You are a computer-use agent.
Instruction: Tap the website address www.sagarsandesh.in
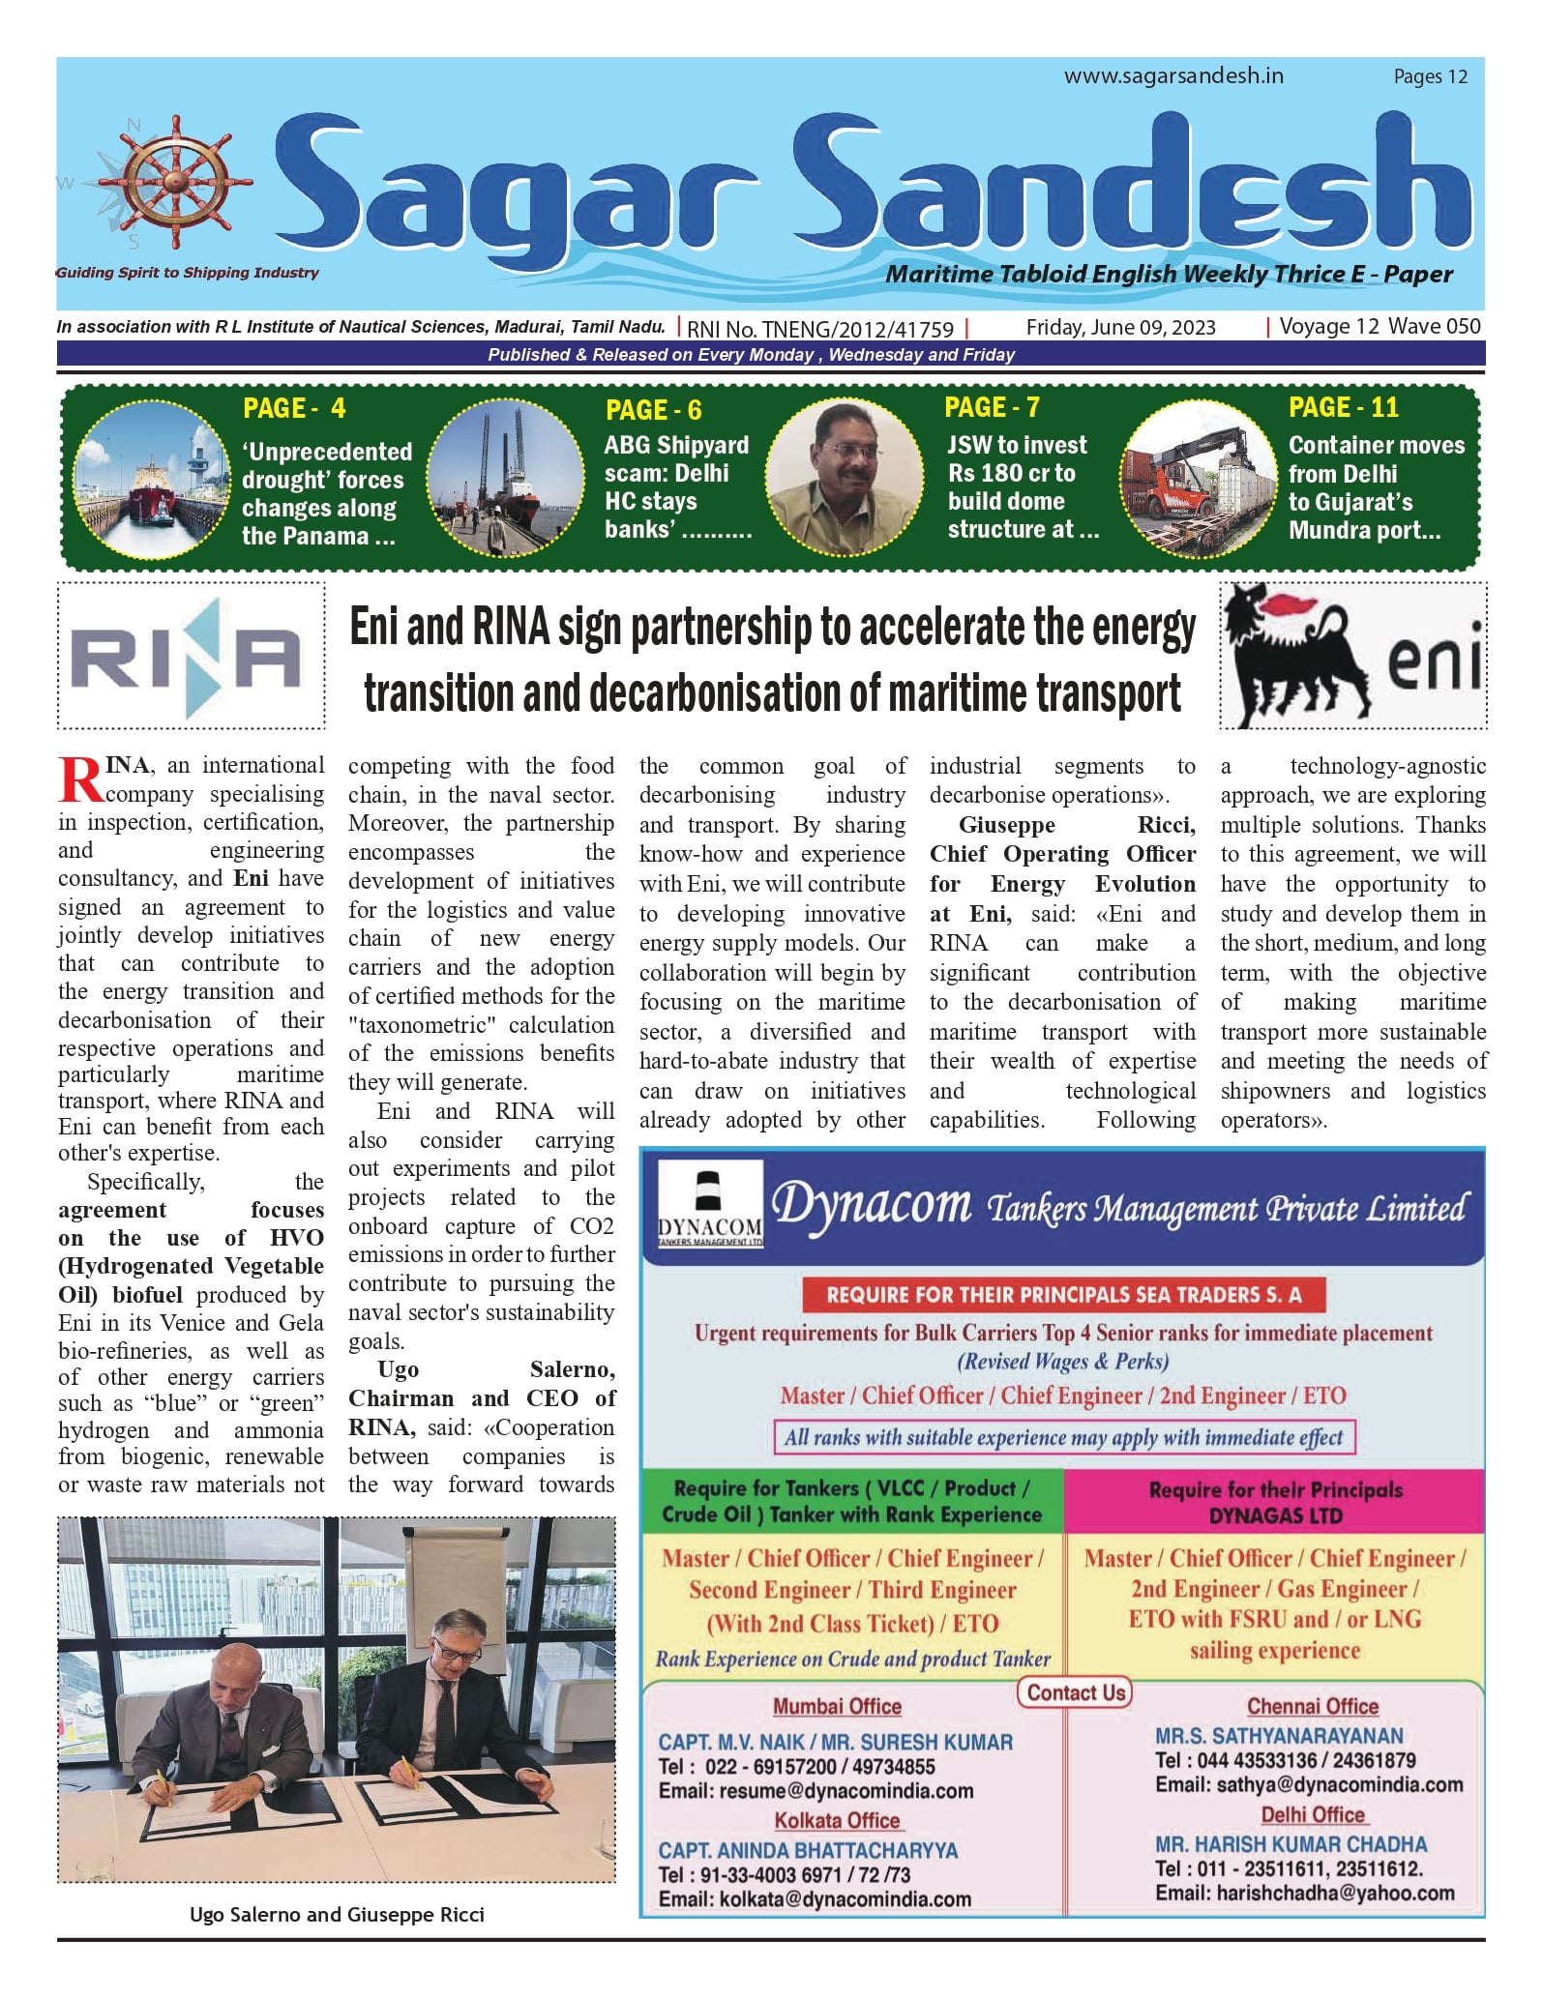(1173, 76)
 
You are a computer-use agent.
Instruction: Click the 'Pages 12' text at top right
(1430, 77)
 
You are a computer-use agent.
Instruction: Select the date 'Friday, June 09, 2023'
(1120, 328)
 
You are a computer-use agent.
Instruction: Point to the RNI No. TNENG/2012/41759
(820, 329)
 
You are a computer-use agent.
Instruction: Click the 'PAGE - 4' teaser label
(294, 408)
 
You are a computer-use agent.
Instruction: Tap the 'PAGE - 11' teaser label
(1343, 407)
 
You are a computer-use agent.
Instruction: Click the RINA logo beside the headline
(191, 657)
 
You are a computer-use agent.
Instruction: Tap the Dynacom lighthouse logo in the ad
(710, 1205)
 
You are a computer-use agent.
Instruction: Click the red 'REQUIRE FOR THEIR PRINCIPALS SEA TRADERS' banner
(1063, 1295)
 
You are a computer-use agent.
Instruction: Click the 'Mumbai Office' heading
(837, 1707)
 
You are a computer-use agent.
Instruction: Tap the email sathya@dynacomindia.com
(1309, 1784)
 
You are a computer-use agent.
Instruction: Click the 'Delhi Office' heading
(1312, 1815)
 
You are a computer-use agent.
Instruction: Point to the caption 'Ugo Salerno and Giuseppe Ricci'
(337, 1915)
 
